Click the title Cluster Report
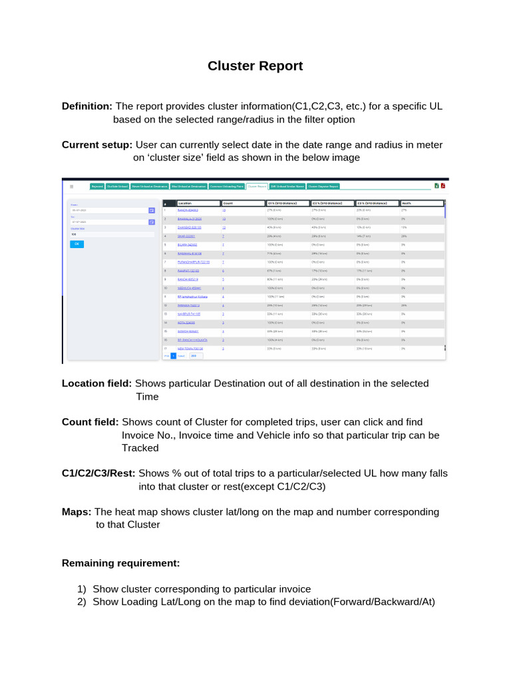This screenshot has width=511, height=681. coord(255,66)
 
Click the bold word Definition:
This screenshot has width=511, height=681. coord(87,106)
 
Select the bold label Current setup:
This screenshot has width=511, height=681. coord(97,145)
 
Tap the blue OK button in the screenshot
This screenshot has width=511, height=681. coord(77,244)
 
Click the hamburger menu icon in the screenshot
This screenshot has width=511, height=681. coord(72,187)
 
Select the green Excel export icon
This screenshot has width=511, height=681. coord(436,186)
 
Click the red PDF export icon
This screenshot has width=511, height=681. coord(442,186)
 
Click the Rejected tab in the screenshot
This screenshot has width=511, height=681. coord(97,187)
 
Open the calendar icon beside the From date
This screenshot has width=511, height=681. coord(152,210)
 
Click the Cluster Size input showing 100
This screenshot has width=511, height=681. coord(112,234)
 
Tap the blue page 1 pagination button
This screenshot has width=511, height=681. coord(173,356)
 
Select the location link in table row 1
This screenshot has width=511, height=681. coord(189,210)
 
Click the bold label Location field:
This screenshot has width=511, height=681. coord(97,384)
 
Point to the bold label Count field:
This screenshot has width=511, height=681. coord(90,422)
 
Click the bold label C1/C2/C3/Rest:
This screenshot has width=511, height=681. coord(98,474)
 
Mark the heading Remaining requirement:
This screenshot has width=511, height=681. coord(120,563)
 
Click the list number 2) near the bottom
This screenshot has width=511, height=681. coord(82,602)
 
